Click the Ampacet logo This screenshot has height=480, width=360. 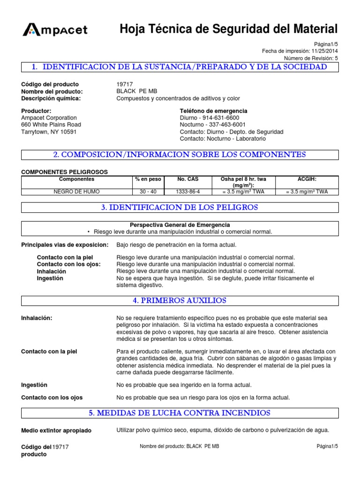tap(54, 30)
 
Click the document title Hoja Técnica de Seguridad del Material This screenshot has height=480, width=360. tap(229, 29)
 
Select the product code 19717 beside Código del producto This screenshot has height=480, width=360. tap(124, 84)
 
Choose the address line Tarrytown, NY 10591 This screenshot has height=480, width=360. tap(49, 132)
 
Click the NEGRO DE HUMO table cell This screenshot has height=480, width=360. tap(77, 192)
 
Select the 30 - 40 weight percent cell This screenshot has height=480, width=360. tap(148, 192)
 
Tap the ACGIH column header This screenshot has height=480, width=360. tap(307, 179)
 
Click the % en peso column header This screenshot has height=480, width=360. tap(148, 179)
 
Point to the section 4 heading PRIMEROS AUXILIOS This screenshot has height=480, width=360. tap(180, 300)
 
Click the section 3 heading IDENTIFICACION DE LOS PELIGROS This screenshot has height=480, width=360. tap(180, 207)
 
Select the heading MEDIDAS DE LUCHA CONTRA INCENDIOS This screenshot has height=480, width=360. tap(180, 413)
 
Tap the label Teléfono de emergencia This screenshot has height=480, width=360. tap(214, 111)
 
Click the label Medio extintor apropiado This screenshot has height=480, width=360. tap(57, 431)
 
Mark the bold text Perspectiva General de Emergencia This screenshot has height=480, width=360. tap(180, 225)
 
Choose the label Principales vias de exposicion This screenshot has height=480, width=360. tap(65, 245)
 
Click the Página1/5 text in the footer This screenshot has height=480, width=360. tap(327, 446)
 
